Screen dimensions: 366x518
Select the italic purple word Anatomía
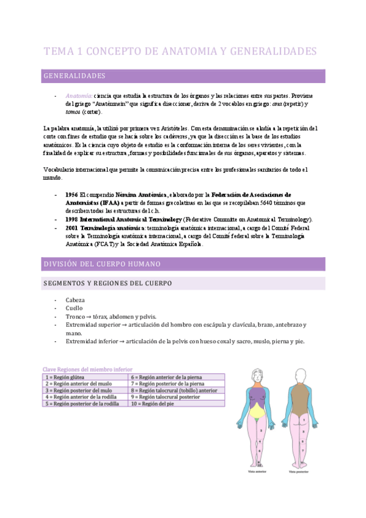[x=79, y=97]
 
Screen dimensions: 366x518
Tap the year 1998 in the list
[x=71, y=219]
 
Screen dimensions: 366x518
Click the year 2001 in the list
[x=71, y=228]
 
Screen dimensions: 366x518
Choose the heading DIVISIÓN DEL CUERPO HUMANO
[x=101, y=264]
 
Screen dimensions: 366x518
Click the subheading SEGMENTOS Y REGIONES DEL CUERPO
[x=107, y=283]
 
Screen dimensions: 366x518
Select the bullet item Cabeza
[x=75, y=301]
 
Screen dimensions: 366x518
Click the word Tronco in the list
[x=76, y=317]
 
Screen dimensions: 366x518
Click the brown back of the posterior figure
[x=299, y=401]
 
